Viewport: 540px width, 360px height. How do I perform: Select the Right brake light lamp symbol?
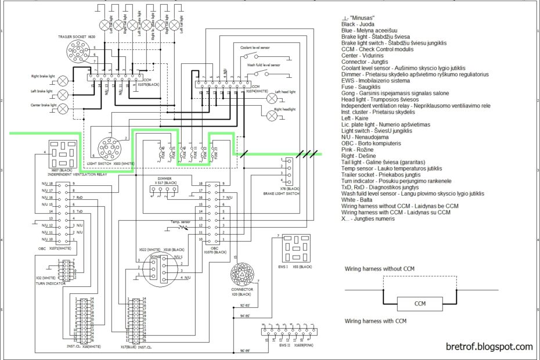pos(63,80)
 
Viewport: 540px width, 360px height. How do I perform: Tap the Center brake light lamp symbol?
pos(63,109)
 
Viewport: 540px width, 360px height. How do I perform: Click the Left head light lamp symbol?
pos(271,99)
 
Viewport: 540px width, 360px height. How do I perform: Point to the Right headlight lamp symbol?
pos(271,116)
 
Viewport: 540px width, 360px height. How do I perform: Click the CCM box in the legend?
pos(420,304)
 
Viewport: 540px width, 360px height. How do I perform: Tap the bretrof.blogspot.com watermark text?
pos(489,347)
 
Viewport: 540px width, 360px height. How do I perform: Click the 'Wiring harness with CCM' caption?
pos(375,321)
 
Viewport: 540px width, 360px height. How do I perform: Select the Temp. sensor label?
pos(181,222)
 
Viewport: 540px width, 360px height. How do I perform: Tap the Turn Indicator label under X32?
pos(48,283)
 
